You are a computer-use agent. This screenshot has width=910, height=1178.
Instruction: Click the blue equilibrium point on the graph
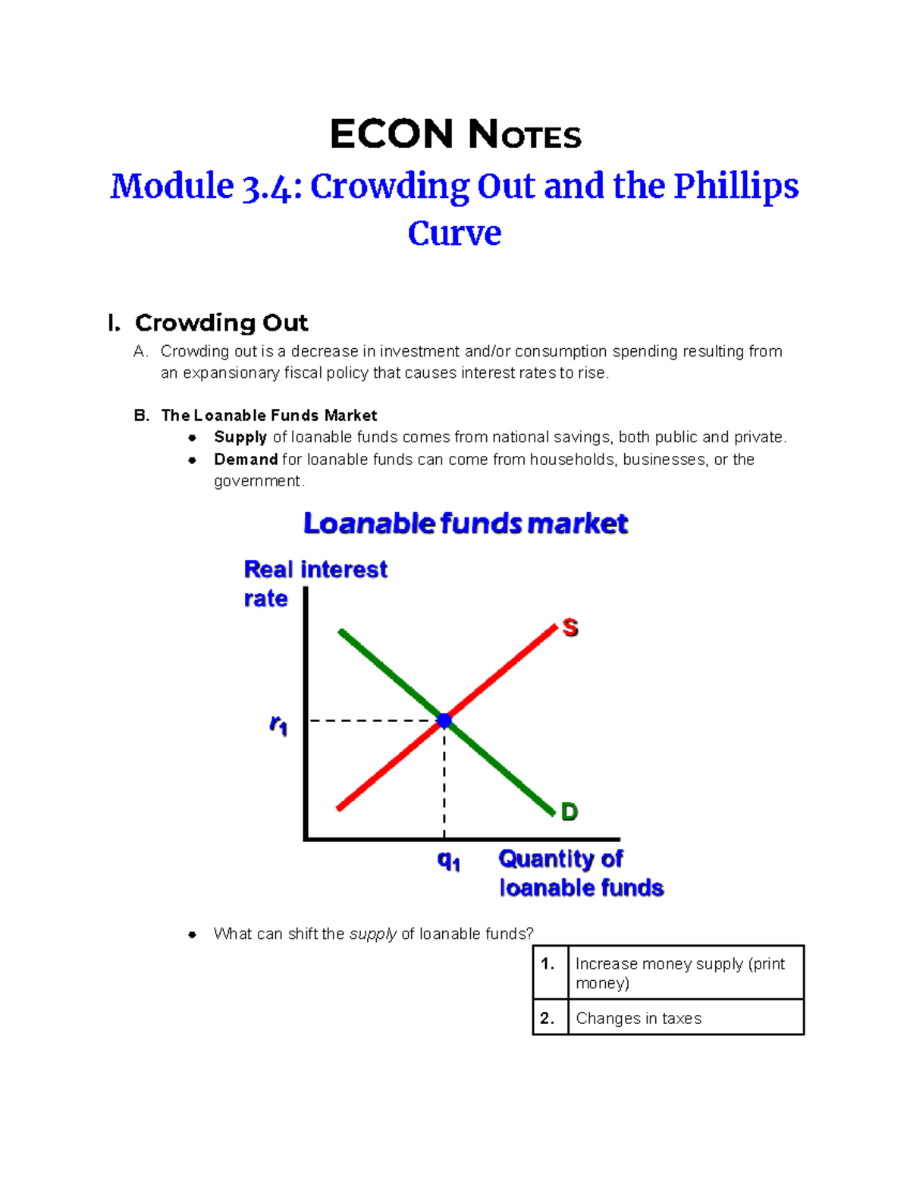tap(444, 721)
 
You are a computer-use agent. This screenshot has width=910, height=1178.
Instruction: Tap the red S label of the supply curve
tap(570, 627)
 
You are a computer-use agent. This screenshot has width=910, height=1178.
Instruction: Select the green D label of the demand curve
tap(569, 812)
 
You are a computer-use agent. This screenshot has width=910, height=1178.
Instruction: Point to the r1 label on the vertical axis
tap(278, 725)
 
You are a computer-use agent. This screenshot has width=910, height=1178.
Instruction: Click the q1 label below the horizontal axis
tap(448, 860)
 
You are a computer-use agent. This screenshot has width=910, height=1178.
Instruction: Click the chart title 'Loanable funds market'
tap(466, 523)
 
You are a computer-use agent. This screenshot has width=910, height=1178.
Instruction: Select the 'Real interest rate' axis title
tap(315, 583)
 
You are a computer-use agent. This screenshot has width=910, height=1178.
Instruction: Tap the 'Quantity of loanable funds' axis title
tap(581, 873)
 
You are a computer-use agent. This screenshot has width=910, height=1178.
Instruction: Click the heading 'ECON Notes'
tap(455, 135)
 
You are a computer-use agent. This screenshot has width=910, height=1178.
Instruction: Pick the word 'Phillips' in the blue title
tap(736, 186)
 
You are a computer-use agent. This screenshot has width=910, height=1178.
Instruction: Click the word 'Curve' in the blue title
tap(454, 233)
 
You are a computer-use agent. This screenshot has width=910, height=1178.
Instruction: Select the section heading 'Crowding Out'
tap(221, 323)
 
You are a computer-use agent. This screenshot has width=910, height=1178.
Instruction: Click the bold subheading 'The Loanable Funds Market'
tap(268, 416)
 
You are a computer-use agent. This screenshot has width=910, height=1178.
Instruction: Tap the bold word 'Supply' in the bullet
tap(240, 437)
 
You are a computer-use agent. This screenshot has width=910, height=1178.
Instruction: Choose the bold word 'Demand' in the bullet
tap(246, 460)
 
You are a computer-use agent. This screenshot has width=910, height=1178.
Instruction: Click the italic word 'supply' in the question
tap(372, 934)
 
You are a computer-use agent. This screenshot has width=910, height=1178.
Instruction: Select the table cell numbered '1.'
tap(549, 972)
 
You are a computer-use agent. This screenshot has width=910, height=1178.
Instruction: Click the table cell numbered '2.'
tap(549, 1018)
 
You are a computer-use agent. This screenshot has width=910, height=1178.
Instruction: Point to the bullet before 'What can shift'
tap(193, 935)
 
